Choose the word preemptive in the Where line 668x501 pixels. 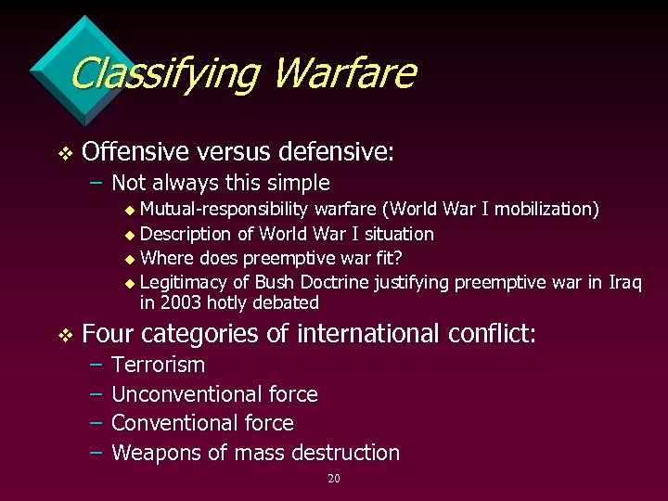pyautogui.click(x=280, y=258)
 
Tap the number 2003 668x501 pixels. pyautogui.click(x=180, y=303)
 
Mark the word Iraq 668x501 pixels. pyautogui.click(x=624, y=282)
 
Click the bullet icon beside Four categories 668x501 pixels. pyautogui.click(x=62, y=334)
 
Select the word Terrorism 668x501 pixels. pyautogui.click(x=158, y=366)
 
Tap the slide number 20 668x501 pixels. pyautogui.click(x=334, y=479)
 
